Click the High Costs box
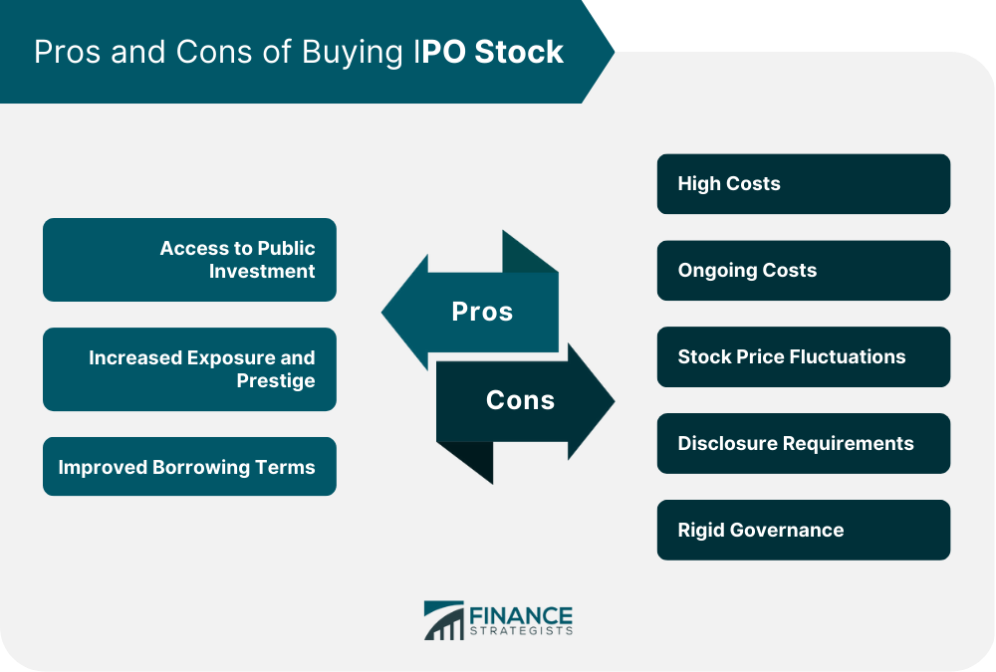pyautogui.click(x=804, y=183)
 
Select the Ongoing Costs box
pyautogui.click(x=804, y=270)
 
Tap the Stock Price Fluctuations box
pyautogui.click(x=804, y=357)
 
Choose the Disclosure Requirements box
pyautogui.click(x=804, y=443)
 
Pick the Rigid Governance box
pyautogui.click(x=804, y=530)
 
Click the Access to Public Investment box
pyautogui.click(x=189, y=260)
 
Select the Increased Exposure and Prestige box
pyautogui.click(x=189, y=369)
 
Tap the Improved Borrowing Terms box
pyautogui.click(x=189, y=466)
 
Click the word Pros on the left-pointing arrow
pyautogui.click(x=482, y=312)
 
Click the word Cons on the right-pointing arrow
pyautogui.click(x=520, y=400)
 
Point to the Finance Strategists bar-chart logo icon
pyautogui.click(x=444, y=620)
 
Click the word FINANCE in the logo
pyautogui.click(x=521, y=615)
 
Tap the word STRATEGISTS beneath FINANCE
pyautogui.click(x=521, y=631)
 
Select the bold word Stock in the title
pyautogui.click(x=519, y=52)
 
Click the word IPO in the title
pyautogui.click(x=439, y=52)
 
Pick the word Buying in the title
pyautogui.click(x=352, y=53)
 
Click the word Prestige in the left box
pyautogui.click(x=276, y=380)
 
